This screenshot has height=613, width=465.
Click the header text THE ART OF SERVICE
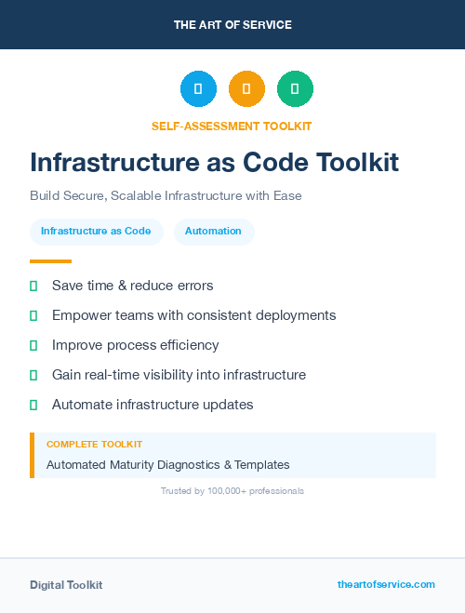[x=232, y=25]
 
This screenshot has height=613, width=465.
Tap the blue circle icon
[x=198, y=89]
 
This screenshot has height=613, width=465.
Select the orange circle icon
[x=246, y=89]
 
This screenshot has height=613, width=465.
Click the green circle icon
[x=295, y=89]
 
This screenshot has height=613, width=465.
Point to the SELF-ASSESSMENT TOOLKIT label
[x=232, y=126]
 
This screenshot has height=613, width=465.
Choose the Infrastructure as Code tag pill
[x=96, y=231]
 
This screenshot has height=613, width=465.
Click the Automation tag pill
[x=213, y=231]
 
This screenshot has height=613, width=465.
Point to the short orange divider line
[x=50, y=261]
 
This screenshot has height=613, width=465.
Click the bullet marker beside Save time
[x=33, y=286]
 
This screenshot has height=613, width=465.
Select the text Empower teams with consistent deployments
[x=193, y=315]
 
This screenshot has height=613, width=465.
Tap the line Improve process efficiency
[x=135, y=345]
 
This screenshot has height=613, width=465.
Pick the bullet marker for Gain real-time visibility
[x=33, y=375]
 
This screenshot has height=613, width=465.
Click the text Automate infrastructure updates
[x=153, y=405]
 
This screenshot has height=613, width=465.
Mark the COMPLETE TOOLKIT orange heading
[x=94, y=445]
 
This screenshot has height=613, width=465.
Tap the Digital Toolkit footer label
[x=66, y=585]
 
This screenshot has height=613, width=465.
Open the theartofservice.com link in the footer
[x=386, y=584]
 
